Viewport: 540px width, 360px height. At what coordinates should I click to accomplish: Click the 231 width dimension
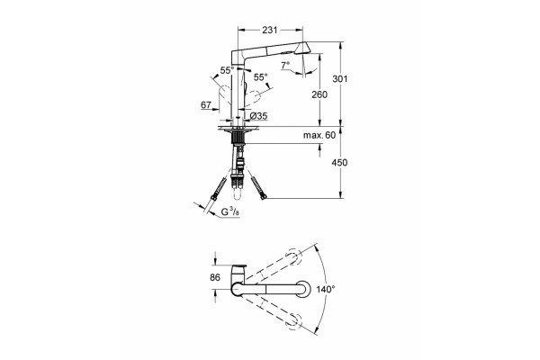270,30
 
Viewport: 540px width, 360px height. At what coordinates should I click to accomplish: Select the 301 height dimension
340,79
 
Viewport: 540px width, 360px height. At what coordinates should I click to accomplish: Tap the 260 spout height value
319,94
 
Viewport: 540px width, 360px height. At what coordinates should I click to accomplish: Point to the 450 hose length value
340,162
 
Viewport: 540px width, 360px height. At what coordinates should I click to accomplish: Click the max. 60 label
319,135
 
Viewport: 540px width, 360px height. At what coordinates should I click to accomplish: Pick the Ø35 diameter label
258,116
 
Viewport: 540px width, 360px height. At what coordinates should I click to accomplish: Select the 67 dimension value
206,104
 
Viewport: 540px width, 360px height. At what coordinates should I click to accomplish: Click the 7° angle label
284,66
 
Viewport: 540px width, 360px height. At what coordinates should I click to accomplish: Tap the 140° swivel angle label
326,289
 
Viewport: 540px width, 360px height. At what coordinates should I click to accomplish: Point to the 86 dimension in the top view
215,277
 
